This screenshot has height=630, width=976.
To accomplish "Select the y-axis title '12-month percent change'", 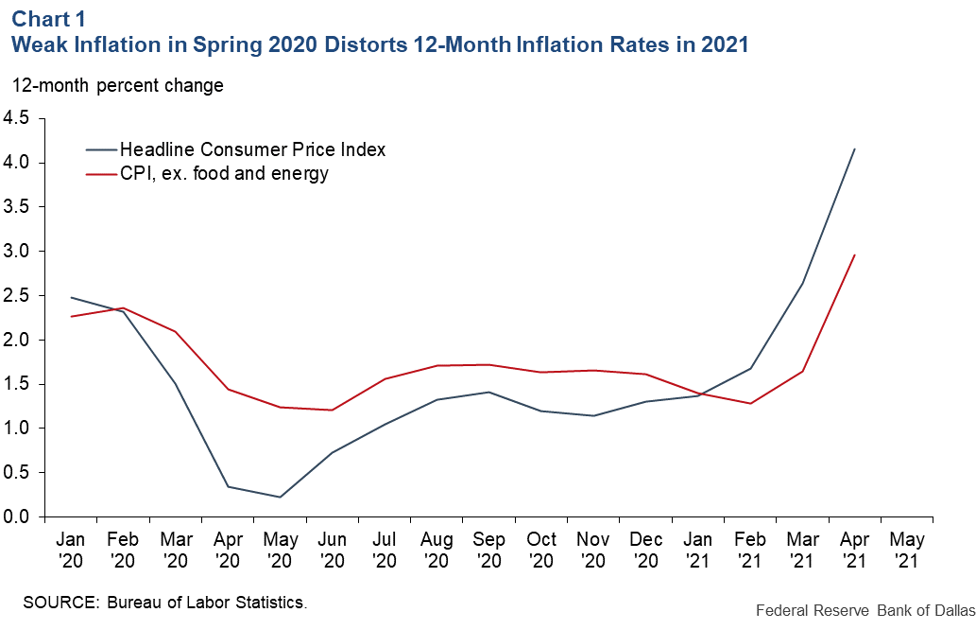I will tap(117, 86).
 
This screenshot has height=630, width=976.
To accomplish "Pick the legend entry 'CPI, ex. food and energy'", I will tap(223, 173).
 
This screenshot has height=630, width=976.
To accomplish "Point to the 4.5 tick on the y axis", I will tap(17, 118).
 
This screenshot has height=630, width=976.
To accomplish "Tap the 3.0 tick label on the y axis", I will tap(17, 252).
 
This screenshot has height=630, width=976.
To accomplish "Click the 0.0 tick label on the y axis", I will tap(17, 517).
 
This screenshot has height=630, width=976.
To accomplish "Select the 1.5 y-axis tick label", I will tap(17, 384).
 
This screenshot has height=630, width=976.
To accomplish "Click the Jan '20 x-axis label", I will tap(71, 548).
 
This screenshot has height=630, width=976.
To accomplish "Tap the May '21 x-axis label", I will tap(906, 548).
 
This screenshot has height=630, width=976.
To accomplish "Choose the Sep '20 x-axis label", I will tap(488, 548).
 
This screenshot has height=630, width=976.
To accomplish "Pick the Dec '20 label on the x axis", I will tap(645, 548).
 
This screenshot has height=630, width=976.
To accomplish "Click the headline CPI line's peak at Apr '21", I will tap(855, 149).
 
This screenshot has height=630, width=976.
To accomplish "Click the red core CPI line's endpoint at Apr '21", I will tap(855, 254).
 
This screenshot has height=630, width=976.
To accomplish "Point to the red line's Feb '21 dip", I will tap(750, 404).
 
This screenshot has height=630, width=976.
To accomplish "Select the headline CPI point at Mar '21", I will tap(803, 284).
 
